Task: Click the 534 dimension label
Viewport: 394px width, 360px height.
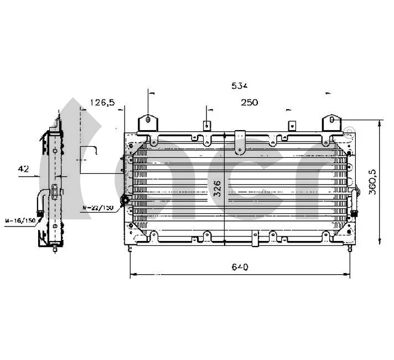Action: [x=240, y=86]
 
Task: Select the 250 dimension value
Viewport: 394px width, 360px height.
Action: [x=249, y=102]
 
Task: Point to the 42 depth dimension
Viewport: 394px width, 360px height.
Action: [x=23, y=169]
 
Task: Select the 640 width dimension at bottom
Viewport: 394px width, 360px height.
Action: [x=240, y=267]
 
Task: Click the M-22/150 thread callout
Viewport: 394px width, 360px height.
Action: [x=97, y=208]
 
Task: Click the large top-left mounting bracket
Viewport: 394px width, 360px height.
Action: [x=148, y=124]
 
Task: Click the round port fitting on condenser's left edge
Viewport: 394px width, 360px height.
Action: [x=126, y=200]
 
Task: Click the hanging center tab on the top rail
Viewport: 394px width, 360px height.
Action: [x=240, y=141]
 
